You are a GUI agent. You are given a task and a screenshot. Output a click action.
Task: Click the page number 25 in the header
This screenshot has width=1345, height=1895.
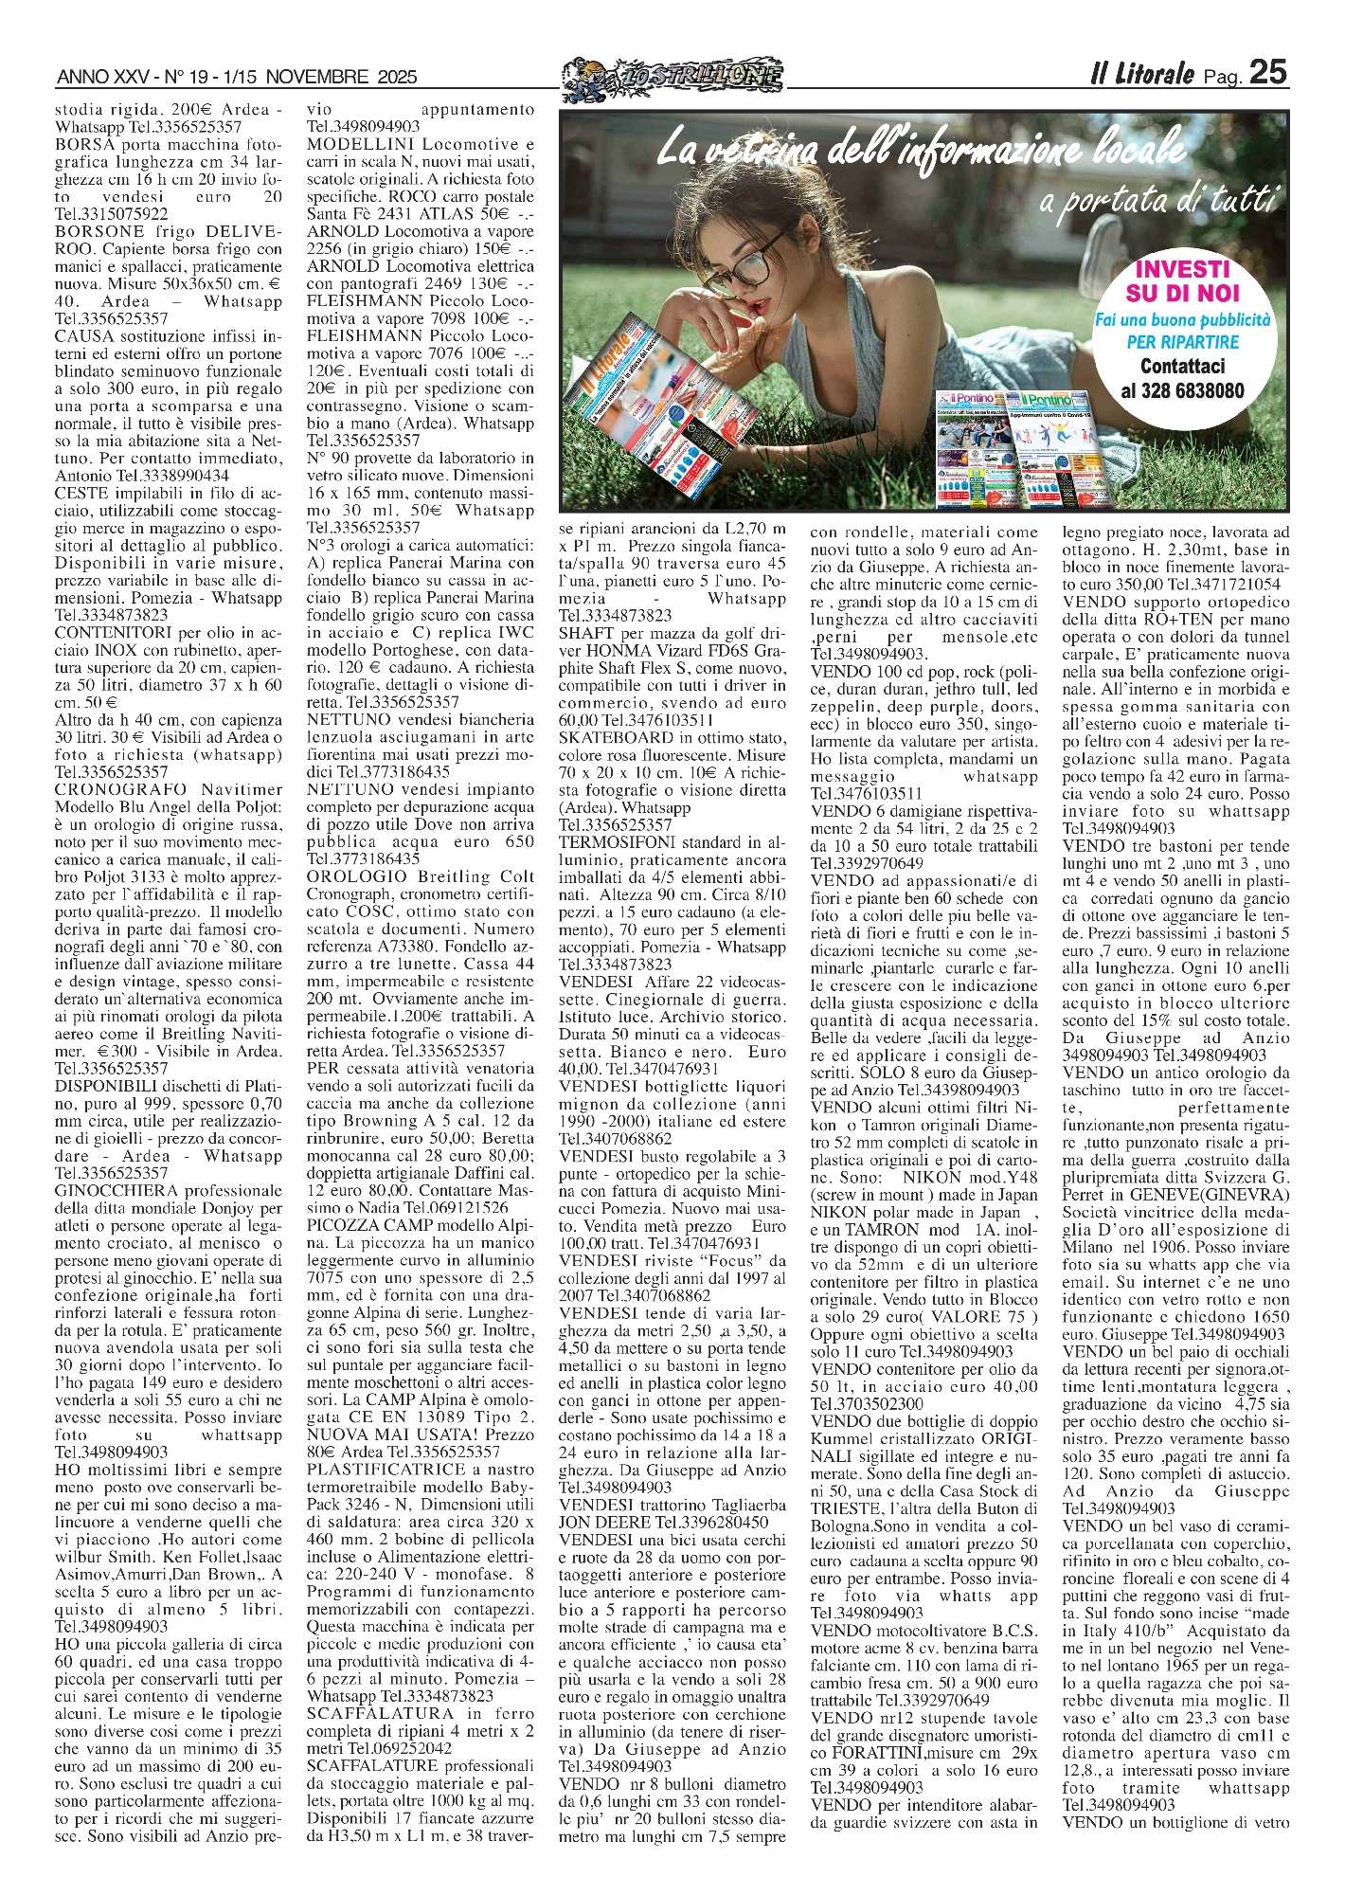click(1267, 72)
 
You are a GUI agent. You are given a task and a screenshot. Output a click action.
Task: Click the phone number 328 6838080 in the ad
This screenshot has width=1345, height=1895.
click(1182, 390)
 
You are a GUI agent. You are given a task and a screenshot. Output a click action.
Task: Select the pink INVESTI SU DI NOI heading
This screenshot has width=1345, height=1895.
click(1181, 281)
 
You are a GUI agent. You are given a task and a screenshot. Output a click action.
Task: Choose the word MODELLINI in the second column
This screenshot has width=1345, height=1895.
click(361, 145)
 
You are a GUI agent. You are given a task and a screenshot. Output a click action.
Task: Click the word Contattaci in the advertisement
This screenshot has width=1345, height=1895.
click(1182, 366)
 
